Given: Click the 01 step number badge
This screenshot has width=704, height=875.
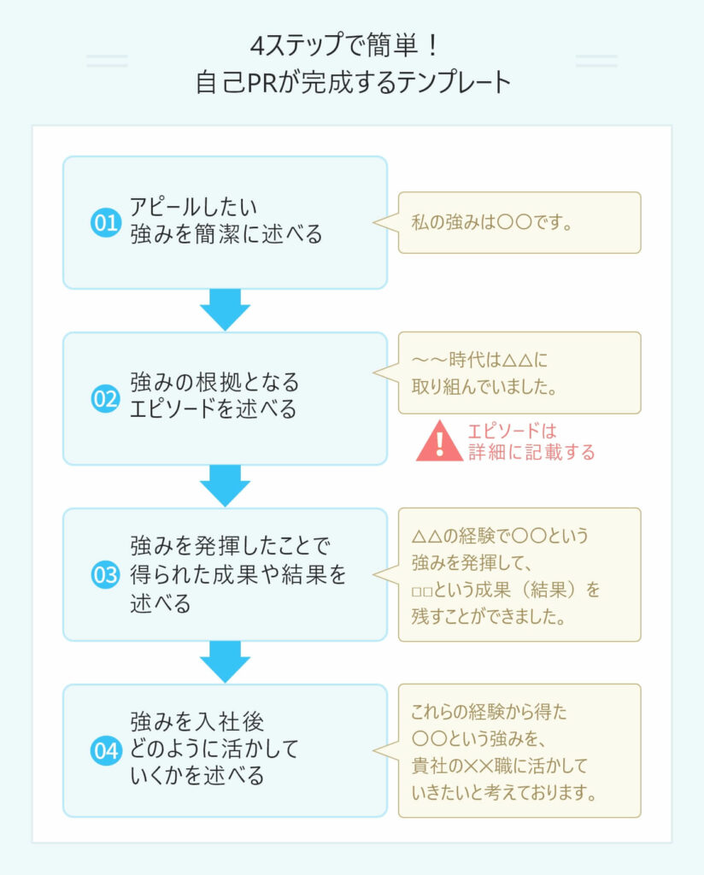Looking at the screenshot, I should (x=104, y=224).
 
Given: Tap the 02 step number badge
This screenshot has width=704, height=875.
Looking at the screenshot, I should (x=104, y=399).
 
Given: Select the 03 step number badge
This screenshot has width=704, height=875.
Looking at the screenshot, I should (x=104, y=575).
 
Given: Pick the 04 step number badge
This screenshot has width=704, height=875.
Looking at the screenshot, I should (x=104, y=751).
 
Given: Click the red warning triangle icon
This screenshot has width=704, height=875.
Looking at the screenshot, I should (x=439, y=442).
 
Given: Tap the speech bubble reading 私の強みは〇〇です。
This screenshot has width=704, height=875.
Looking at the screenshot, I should (x=519, y=223).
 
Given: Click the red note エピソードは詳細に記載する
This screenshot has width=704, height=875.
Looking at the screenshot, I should (x=531, y=442).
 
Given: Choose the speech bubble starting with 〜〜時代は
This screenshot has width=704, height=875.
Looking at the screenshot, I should (x=519, y=373).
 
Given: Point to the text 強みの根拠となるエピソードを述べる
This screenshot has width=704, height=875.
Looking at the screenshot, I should (x=214, y=396).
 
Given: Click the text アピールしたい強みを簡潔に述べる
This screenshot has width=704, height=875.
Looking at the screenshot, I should (x=226, y=220).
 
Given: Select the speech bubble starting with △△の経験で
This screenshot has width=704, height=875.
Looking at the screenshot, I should (x=519, y=574).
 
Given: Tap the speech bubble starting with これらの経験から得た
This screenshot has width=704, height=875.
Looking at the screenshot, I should (x=519, y=750).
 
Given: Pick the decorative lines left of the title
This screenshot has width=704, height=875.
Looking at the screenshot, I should (x=107, y=61).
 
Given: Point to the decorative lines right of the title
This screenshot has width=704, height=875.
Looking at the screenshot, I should (x=596, y=61).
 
